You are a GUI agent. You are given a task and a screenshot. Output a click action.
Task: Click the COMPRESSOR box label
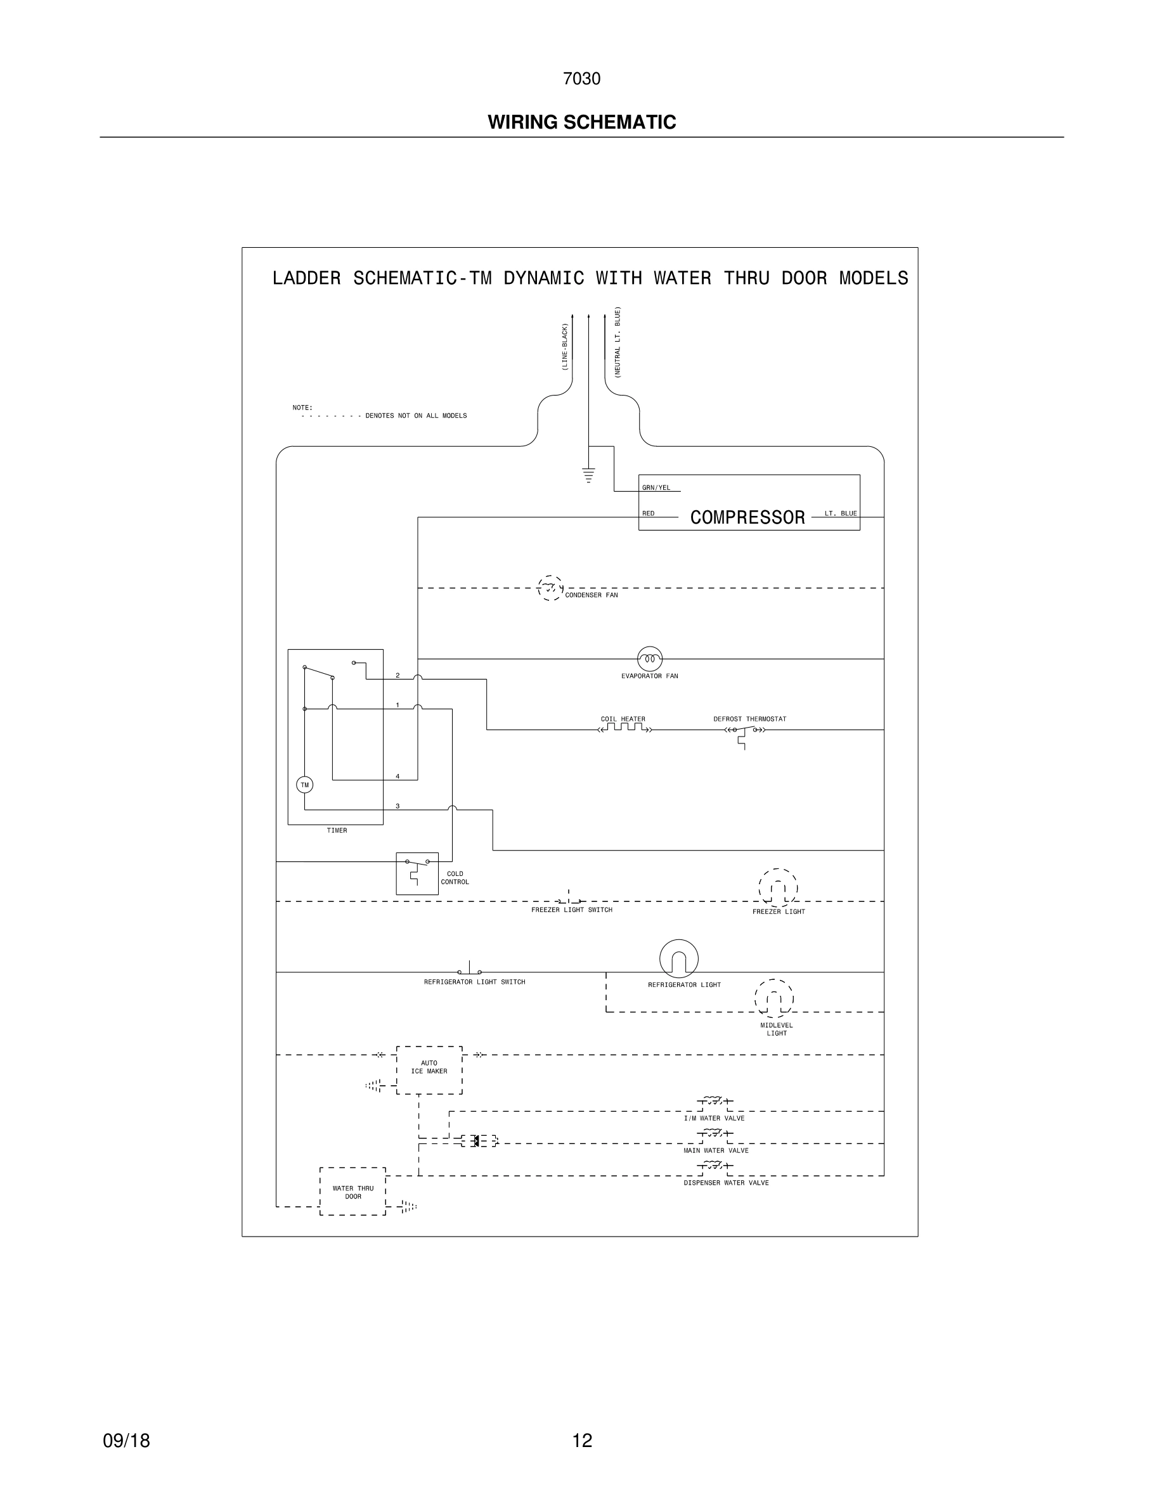[747, 517]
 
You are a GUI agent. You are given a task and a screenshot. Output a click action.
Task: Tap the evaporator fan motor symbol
[650, 659]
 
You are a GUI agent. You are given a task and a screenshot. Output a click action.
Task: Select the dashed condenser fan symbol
[550, 588]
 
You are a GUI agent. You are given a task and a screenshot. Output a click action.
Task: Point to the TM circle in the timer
[304, 785]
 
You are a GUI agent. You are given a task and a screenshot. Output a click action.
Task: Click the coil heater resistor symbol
[624, 728]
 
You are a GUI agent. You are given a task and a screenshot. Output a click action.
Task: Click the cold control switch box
[417, 873]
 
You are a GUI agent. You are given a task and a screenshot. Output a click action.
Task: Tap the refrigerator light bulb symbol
[678, 958]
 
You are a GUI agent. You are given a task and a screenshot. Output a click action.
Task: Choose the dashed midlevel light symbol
[773, 998]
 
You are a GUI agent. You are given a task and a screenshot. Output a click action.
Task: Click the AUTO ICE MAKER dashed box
[429, 1069]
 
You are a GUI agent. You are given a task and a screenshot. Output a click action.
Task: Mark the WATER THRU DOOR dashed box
[352, 1192]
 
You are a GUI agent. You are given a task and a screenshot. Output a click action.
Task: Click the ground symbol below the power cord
[588, 475]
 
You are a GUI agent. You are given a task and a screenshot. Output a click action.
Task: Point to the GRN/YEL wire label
[656, 487]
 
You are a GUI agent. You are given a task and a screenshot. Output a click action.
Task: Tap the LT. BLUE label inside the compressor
[841, 513]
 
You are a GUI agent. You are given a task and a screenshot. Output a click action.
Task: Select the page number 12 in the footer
[582, 1441]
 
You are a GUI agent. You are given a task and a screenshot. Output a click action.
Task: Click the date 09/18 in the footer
[126, 1441]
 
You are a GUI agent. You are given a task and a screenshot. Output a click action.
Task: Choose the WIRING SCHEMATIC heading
[582, 122]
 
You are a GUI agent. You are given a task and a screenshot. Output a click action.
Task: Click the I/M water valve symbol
[715, 1102]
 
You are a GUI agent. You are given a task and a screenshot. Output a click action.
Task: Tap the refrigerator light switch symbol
[470, 970]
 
